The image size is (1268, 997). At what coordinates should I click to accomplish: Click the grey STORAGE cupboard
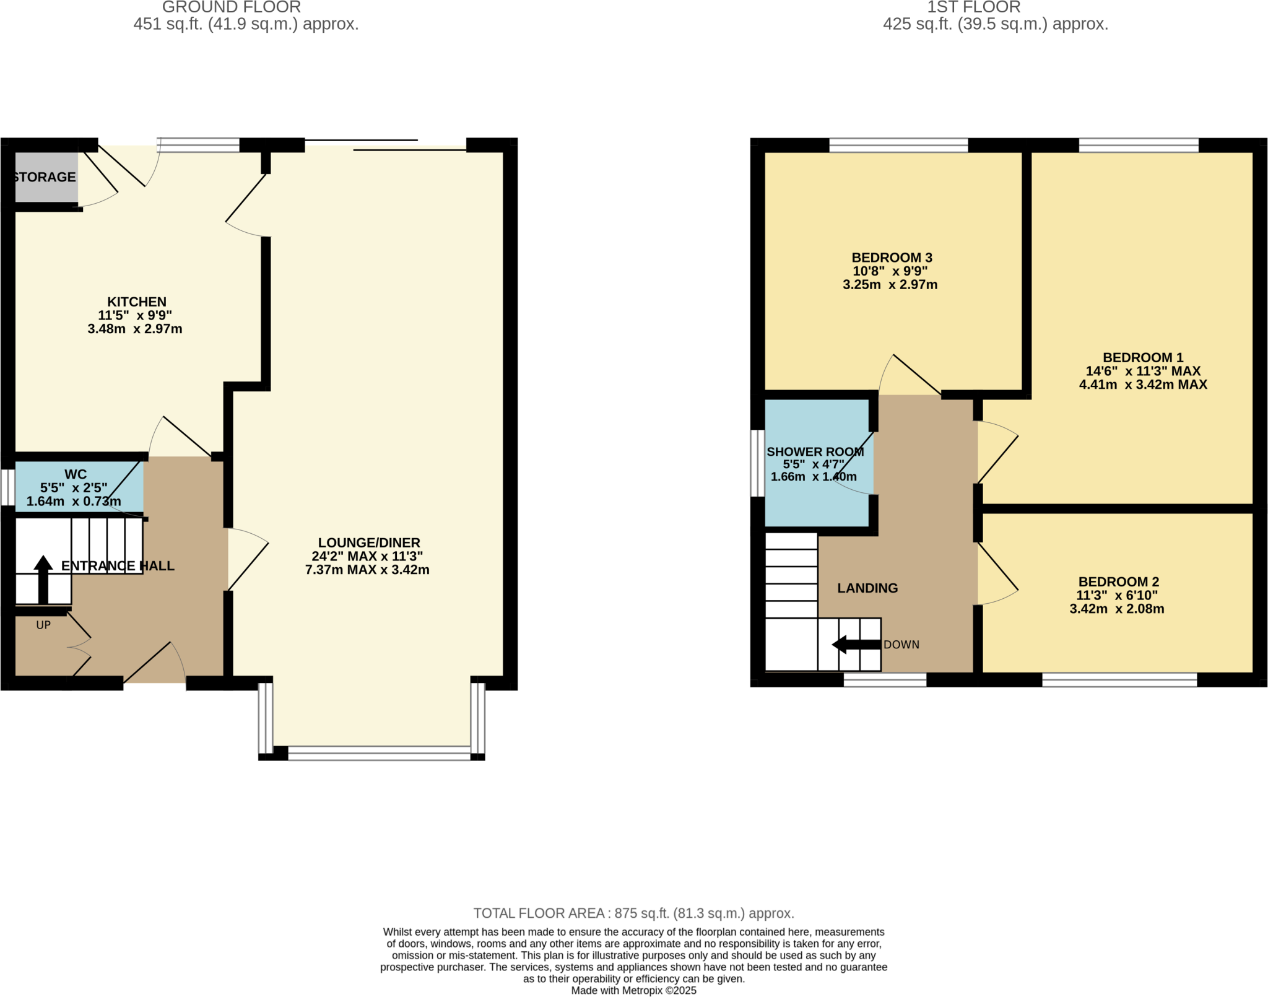[46, 177]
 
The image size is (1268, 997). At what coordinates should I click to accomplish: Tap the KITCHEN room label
[137, 302]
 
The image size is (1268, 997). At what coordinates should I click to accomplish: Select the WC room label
[76, 474]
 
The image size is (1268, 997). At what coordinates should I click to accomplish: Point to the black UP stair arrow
[43, 579]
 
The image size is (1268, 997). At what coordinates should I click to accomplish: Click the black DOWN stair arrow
[856, 645]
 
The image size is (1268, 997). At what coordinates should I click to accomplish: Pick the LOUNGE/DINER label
[369, 542]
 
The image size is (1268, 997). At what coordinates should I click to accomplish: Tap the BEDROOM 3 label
[892, 258]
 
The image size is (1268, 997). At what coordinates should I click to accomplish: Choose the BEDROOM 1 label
[1143, 357]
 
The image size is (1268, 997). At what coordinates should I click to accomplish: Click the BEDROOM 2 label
[1118, 581]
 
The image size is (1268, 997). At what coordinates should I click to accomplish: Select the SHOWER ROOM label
[815, 451]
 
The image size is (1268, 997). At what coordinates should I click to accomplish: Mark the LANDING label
[867, 588]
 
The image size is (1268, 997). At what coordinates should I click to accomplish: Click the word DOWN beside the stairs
[901, 645]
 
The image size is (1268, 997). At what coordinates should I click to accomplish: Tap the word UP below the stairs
[43, 625]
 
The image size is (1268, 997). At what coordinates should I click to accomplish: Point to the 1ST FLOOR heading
[973, 7]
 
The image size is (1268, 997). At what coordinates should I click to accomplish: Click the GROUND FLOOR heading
[232, 7]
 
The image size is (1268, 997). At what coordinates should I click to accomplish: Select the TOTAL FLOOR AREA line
[633, 913]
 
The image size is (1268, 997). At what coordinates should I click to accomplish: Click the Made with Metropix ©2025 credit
[633, 990]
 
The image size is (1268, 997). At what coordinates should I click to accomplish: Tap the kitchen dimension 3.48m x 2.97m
[135, 329]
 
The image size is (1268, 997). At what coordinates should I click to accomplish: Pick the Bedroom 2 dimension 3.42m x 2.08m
[1116, 609]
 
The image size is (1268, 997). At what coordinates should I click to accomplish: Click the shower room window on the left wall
[757, 463]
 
